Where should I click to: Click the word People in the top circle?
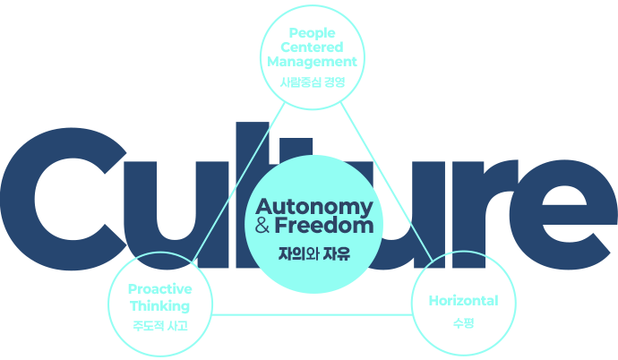click(312, 32)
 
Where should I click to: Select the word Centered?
click(312, 47)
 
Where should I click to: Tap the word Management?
click(312, 62)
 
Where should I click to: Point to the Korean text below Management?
click(312, 82)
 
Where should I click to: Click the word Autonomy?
click(313, 205)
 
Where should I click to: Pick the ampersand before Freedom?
click(262, 227)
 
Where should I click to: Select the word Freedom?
click(323, 226)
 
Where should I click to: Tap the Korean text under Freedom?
click(313, 253)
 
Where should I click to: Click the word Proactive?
click(159, 289)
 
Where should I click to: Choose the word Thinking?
click(159, 305)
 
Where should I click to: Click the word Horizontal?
click(463, 301)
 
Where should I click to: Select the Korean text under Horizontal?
click(463, 321)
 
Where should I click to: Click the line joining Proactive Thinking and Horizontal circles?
click(312, 313)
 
